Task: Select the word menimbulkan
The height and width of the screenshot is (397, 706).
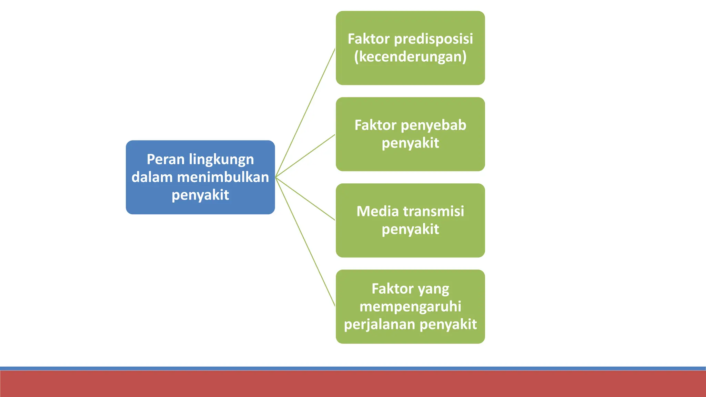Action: [x=223, y=177]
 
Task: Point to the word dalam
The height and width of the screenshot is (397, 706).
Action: [x=152, y=177]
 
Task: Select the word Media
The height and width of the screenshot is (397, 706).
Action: [x=377, y=212]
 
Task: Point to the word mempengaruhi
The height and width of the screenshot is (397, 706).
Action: [x=410, y=307]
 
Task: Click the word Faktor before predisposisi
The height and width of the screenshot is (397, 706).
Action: [x=369, y=39]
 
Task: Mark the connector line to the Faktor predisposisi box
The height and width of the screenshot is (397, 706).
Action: [x=305, y=113]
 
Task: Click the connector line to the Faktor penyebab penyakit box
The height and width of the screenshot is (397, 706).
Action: [x=305, y=156]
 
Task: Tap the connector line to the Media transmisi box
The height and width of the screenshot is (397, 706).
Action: [x=305, y=199]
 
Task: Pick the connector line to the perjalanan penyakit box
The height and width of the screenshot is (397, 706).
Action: [x=305, y=242]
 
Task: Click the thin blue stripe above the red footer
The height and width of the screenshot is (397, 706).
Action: [x=353, y=368]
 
